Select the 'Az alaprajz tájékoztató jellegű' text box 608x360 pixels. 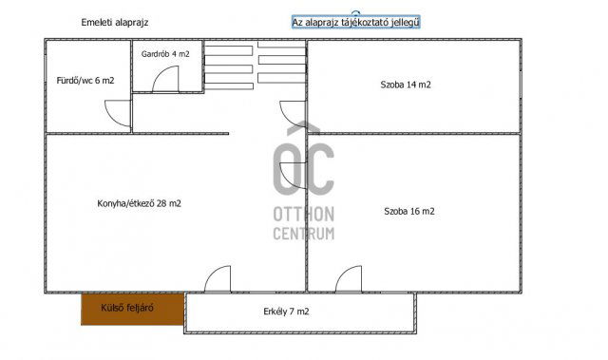[355, 21]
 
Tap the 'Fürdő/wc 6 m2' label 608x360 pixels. [79, 81]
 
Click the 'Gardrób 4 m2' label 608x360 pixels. [166, 55]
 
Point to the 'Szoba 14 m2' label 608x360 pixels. [405, 85]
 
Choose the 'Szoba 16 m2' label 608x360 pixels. [409, 211]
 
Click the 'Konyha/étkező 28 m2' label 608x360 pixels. [140, 203]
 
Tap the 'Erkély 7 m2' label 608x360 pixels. [285, 311]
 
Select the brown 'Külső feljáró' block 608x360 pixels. [131, 308]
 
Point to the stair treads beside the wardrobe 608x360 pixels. [255, 66]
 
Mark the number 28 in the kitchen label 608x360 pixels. [162, 203]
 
